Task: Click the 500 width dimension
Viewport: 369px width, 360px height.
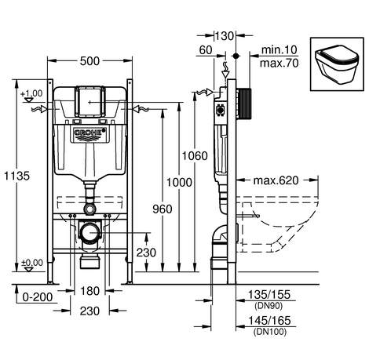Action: point(90,61)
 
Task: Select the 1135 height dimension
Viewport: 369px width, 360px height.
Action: point(17,176)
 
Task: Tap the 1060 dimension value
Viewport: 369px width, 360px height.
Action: point(195,156)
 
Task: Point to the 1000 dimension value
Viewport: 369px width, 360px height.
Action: point(179,182)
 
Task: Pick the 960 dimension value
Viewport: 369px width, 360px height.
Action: point(163,209)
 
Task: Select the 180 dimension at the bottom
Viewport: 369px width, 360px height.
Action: point(90,291)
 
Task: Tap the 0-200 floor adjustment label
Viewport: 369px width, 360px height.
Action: point(38,297)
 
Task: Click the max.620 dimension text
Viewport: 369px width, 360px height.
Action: point(276,180)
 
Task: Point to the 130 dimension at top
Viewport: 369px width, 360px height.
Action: point(225,36)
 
